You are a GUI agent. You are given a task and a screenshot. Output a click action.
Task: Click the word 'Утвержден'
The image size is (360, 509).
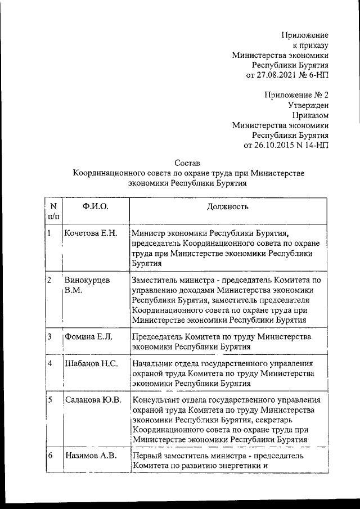(x=309, y=105)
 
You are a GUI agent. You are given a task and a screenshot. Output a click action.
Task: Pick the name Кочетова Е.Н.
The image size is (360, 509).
(x=91, y=233)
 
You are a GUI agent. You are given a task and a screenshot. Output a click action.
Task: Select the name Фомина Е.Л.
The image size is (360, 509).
(x=89, y=336)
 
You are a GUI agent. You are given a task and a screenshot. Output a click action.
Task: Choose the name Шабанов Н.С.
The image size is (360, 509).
(x=91, y=363)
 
